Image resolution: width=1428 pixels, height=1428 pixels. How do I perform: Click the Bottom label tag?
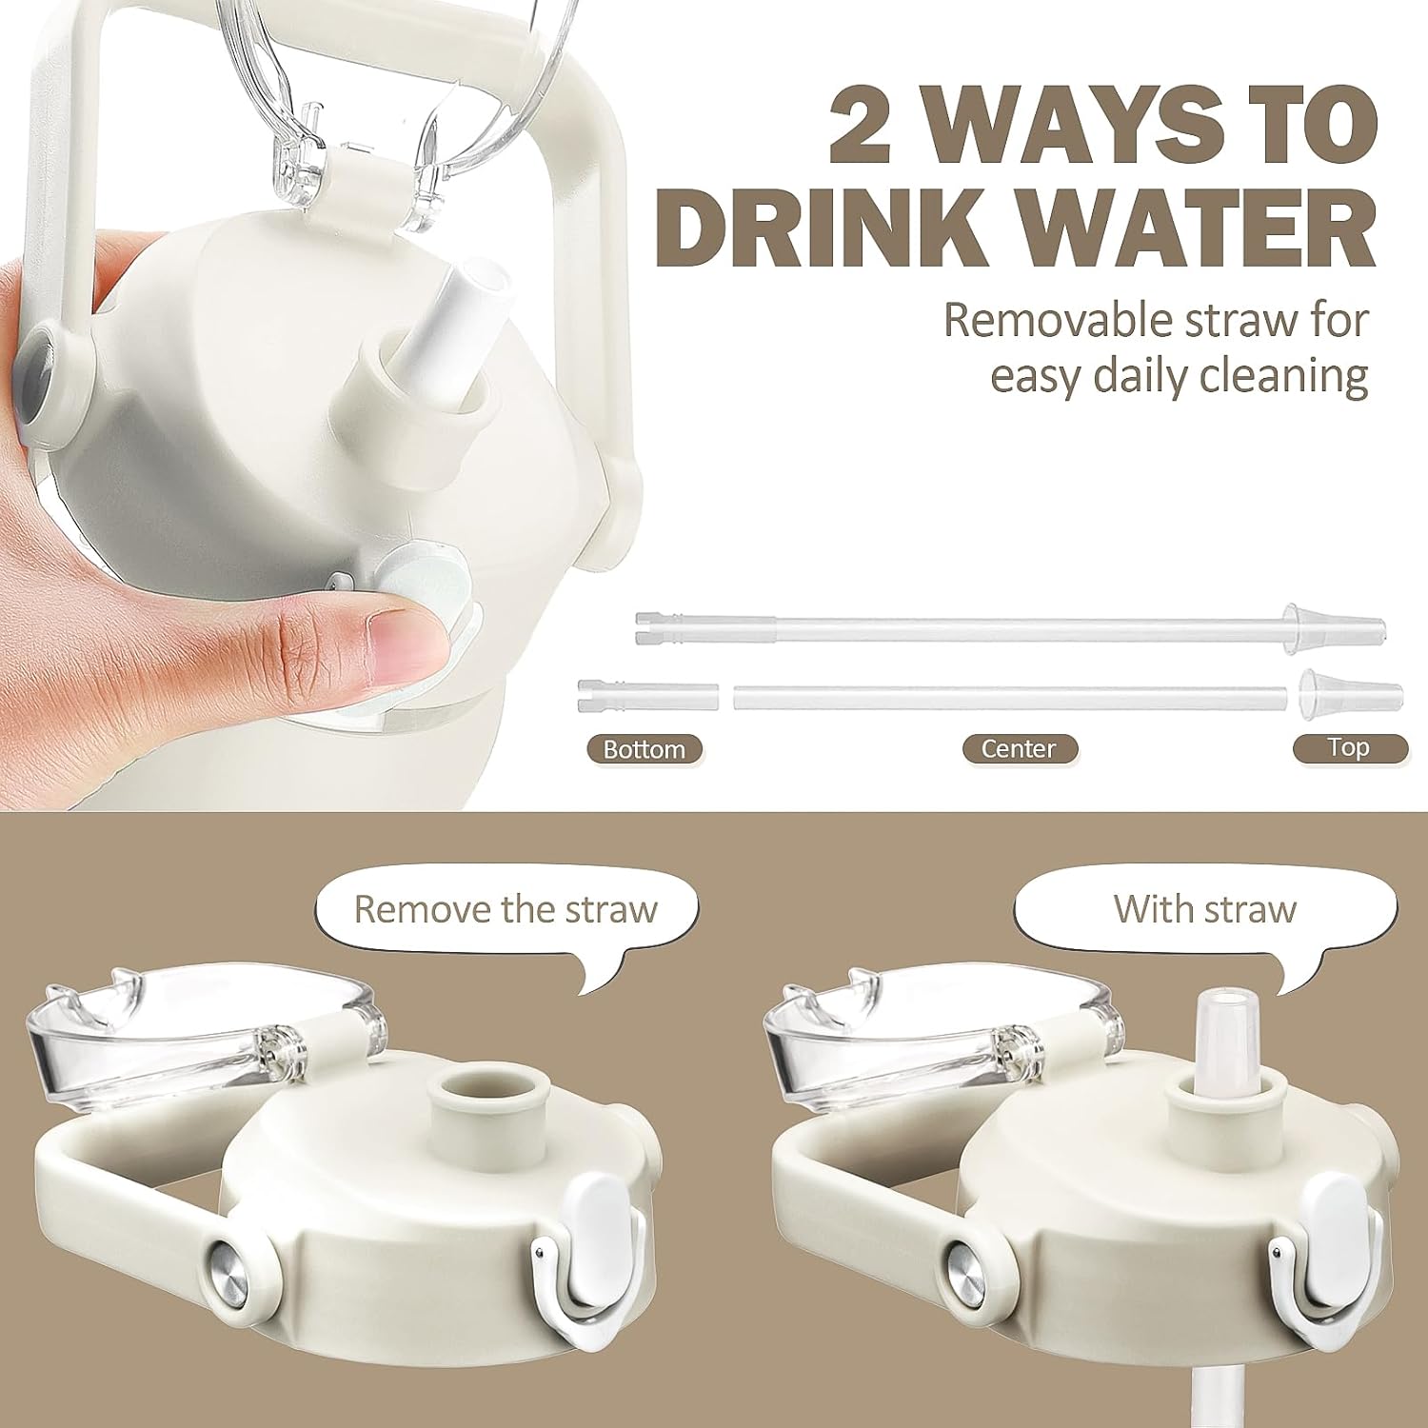pyautogui.click(x=645, y=749)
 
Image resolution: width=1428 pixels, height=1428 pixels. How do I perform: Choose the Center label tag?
pyautogui.click(x=1018, y=748)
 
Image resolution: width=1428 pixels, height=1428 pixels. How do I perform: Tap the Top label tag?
pyautogui.click(x=1349, y=747)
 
